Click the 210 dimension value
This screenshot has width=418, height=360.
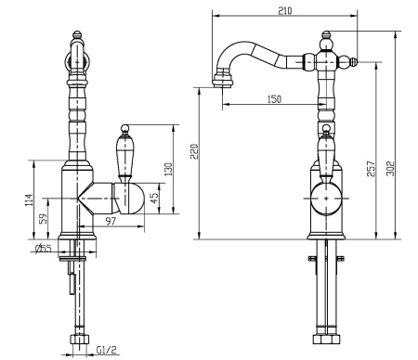point(285,11)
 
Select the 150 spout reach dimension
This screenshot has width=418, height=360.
point(274,99)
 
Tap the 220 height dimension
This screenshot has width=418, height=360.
point(194,151)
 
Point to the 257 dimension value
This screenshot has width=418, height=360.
point(371,169)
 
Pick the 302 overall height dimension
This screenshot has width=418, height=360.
point(391,169)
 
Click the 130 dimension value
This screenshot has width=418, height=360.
point(168,169)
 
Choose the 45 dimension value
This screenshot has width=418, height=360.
point(154,199)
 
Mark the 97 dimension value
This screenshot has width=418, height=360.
point(111,221)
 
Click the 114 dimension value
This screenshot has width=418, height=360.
point(29,200)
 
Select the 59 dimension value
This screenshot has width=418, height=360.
point(45,219)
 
